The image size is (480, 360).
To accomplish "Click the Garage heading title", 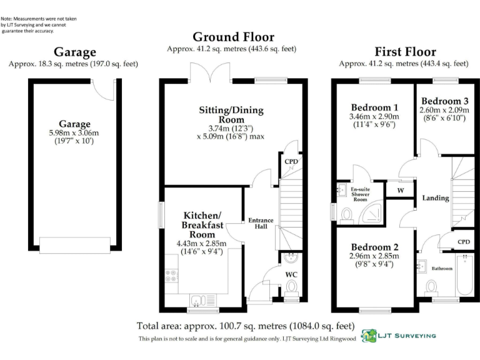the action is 75,52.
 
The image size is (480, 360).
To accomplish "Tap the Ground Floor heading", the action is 234,37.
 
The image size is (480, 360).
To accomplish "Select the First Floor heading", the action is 405,52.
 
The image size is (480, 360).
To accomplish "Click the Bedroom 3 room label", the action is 445,101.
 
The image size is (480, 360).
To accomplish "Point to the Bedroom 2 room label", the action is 375,247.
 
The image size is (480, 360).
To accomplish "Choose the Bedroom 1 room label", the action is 374,107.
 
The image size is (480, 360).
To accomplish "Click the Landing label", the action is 436,198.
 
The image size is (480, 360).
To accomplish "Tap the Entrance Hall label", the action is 261,224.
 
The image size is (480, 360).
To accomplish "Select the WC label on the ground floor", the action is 291,274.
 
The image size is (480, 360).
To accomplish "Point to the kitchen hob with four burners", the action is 171,276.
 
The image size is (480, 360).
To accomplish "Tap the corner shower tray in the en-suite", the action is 372,211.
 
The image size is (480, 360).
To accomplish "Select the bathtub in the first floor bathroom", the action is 464,274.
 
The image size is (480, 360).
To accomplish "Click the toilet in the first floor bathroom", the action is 432,288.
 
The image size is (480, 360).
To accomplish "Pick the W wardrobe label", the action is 401,191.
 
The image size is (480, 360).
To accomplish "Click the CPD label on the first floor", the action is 464,242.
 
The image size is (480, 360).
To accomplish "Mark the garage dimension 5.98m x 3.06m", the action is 74,133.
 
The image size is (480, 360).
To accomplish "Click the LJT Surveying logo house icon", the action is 369,336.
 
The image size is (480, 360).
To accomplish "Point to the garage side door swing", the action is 102,90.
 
